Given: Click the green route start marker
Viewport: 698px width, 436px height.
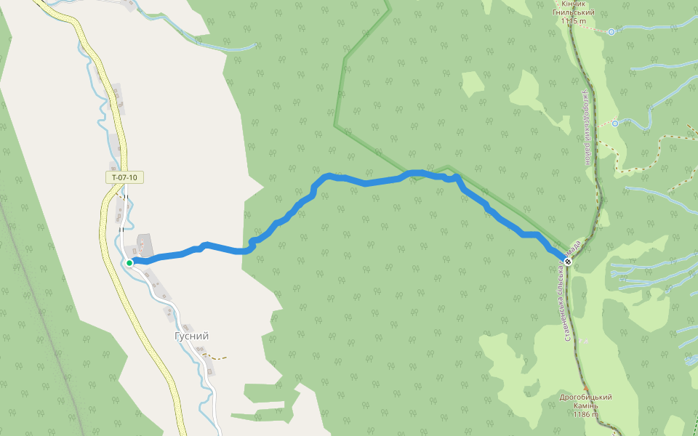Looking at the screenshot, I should coord(129,262).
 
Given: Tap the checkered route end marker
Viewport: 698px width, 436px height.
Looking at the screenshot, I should coord(568,261).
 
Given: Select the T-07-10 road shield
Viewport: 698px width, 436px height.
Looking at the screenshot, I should coord(124,177).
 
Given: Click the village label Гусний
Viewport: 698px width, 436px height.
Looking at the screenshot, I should coord(192,336).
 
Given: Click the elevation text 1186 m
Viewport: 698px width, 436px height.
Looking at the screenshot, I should coord(585,414).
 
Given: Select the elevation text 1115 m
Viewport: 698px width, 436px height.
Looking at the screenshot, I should coord(573,21).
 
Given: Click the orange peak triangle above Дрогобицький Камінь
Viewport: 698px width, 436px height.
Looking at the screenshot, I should coord(585,389).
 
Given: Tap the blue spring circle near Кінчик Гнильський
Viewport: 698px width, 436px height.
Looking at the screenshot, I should coord(611,32).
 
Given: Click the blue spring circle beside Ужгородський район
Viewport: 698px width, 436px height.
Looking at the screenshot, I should coord(615,124).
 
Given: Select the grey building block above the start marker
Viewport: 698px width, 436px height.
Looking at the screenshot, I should coord(143,243).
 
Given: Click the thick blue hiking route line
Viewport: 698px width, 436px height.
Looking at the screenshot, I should coord(364,182).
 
